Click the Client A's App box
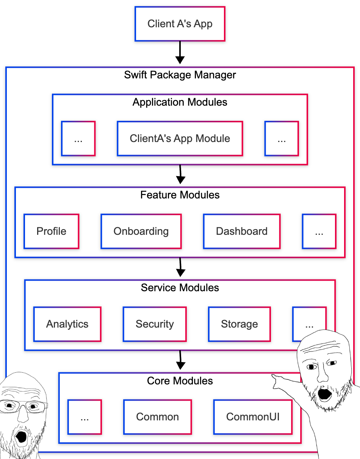pos(180,24)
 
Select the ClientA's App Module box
pos(180,138)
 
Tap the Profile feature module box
pos(52,231)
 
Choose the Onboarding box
pos(141,231)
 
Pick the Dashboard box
pos(242,231)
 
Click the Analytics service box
pos(67,324)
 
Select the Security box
pos(155,324)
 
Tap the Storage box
pos(239,324)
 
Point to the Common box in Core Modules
pos(158,417)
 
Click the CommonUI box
pos(253,417)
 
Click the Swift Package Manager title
pos(180,75)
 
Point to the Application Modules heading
pos(180,102)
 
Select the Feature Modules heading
pos(180,195)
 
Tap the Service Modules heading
pos(180,288)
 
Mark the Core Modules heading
pos(180,381)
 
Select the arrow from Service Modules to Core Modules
pos(181,360)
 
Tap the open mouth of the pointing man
pos(325,394)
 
